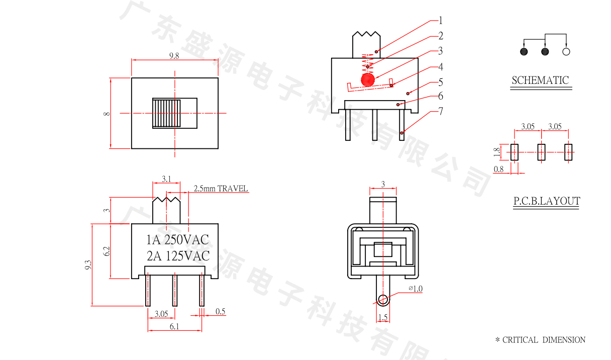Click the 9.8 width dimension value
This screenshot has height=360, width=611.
[x=174, y=56]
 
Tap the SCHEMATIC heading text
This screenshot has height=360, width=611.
[x=540, y=80]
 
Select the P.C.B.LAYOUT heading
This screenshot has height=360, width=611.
[x=547, y=201]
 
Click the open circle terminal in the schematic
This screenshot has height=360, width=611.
[x=566, y=52]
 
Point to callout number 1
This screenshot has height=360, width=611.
[x=440, y=21]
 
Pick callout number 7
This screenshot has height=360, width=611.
[x=441, y=111]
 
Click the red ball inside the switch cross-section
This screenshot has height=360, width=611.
[x=368, y=80]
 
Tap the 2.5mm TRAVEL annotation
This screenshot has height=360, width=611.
[x=221, y=189]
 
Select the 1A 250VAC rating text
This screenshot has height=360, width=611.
[x=177, y=240]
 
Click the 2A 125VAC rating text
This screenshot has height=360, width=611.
[x=178, y=256]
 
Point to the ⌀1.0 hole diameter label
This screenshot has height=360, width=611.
[x=416, y=289]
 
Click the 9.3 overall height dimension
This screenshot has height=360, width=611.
[x=88, y=265]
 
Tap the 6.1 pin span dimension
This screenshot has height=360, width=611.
[x=174, y=326]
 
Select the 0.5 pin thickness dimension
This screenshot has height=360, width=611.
[x=221, y=311]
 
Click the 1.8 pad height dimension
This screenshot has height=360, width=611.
[x=497, y=152]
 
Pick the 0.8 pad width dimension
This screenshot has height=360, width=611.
[x=498, y=169]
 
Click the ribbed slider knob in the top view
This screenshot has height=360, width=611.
[x=166, y=113]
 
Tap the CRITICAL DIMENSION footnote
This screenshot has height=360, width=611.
[x=540, y=340]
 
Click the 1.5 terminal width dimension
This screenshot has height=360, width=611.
[x=383, y=317]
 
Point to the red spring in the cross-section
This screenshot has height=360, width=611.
[x=368, y=63]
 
